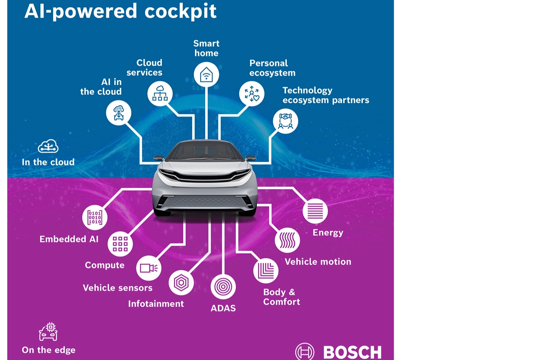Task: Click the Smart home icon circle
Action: (206, 75)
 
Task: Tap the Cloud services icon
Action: (160, 94)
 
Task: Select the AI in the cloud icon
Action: (119, 113)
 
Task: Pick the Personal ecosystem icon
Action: (252, 94)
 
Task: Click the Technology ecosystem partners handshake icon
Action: (286, 121)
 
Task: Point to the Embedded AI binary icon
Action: (95, 217)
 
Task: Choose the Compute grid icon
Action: (120, 244)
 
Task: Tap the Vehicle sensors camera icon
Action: (148, 268)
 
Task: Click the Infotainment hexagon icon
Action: (181, 282)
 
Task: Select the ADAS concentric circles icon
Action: (223, 287)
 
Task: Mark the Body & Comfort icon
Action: (266, 271)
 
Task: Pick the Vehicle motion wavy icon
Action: (287, 240)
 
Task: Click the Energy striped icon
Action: (315, 211)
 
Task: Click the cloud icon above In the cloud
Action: (48, 146)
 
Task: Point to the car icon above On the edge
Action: (48, 332)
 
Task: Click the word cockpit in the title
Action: (180, 11)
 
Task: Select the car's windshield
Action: (206, 150)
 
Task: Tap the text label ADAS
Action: (223, 308)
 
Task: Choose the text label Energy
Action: (328, 233)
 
